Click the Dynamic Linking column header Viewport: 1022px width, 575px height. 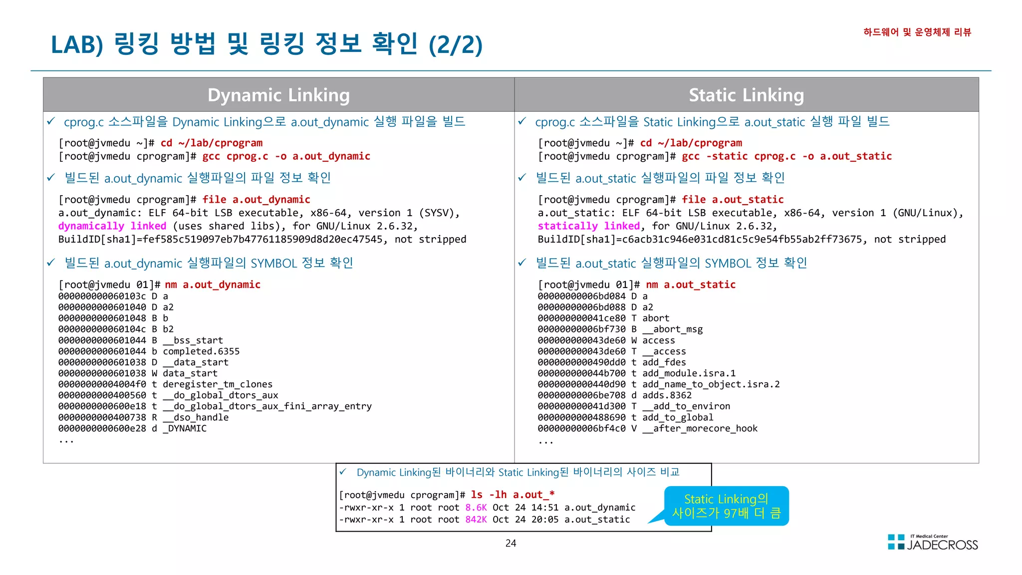(278, 95)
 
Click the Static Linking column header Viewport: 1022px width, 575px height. (746, 95)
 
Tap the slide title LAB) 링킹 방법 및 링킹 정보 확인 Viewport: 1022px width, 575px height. (266, 44)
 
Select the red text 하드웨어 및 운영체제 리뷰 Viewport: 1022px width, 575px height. (917, 32)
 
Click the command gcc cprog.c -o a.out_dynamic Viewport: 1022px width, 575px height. (286, 156)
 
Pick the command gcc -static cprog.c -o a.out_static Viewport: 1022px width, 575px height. (786, 156)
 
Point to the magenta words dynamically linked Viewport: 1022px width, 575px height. (112, 226)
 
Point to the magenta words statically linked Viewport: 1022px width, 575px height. (588, 226)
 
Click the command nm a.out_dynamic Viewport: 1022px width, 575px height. (213, 285)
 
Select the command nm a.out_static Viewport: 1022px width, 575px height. (691, 285)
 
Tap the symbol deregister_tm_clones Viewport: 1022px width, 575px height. (218, 384)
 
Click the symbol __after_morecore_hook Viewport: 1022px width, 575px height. (700, 428)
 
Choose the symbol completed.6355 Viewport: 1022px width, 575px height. (201, 351)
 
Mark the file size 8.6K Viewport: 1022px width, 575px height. (476, 508)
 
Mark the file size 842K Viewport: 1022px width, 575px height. (476, 520)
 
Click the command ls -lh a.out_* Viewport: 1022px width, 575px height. (512, 495)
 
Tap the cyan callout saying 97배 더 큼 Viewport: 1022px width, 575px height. (726, 506)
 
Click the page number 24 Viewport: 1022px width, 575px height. (511, 543)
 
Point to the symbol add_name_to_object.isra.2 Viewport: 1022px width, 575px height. (711, 384)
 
